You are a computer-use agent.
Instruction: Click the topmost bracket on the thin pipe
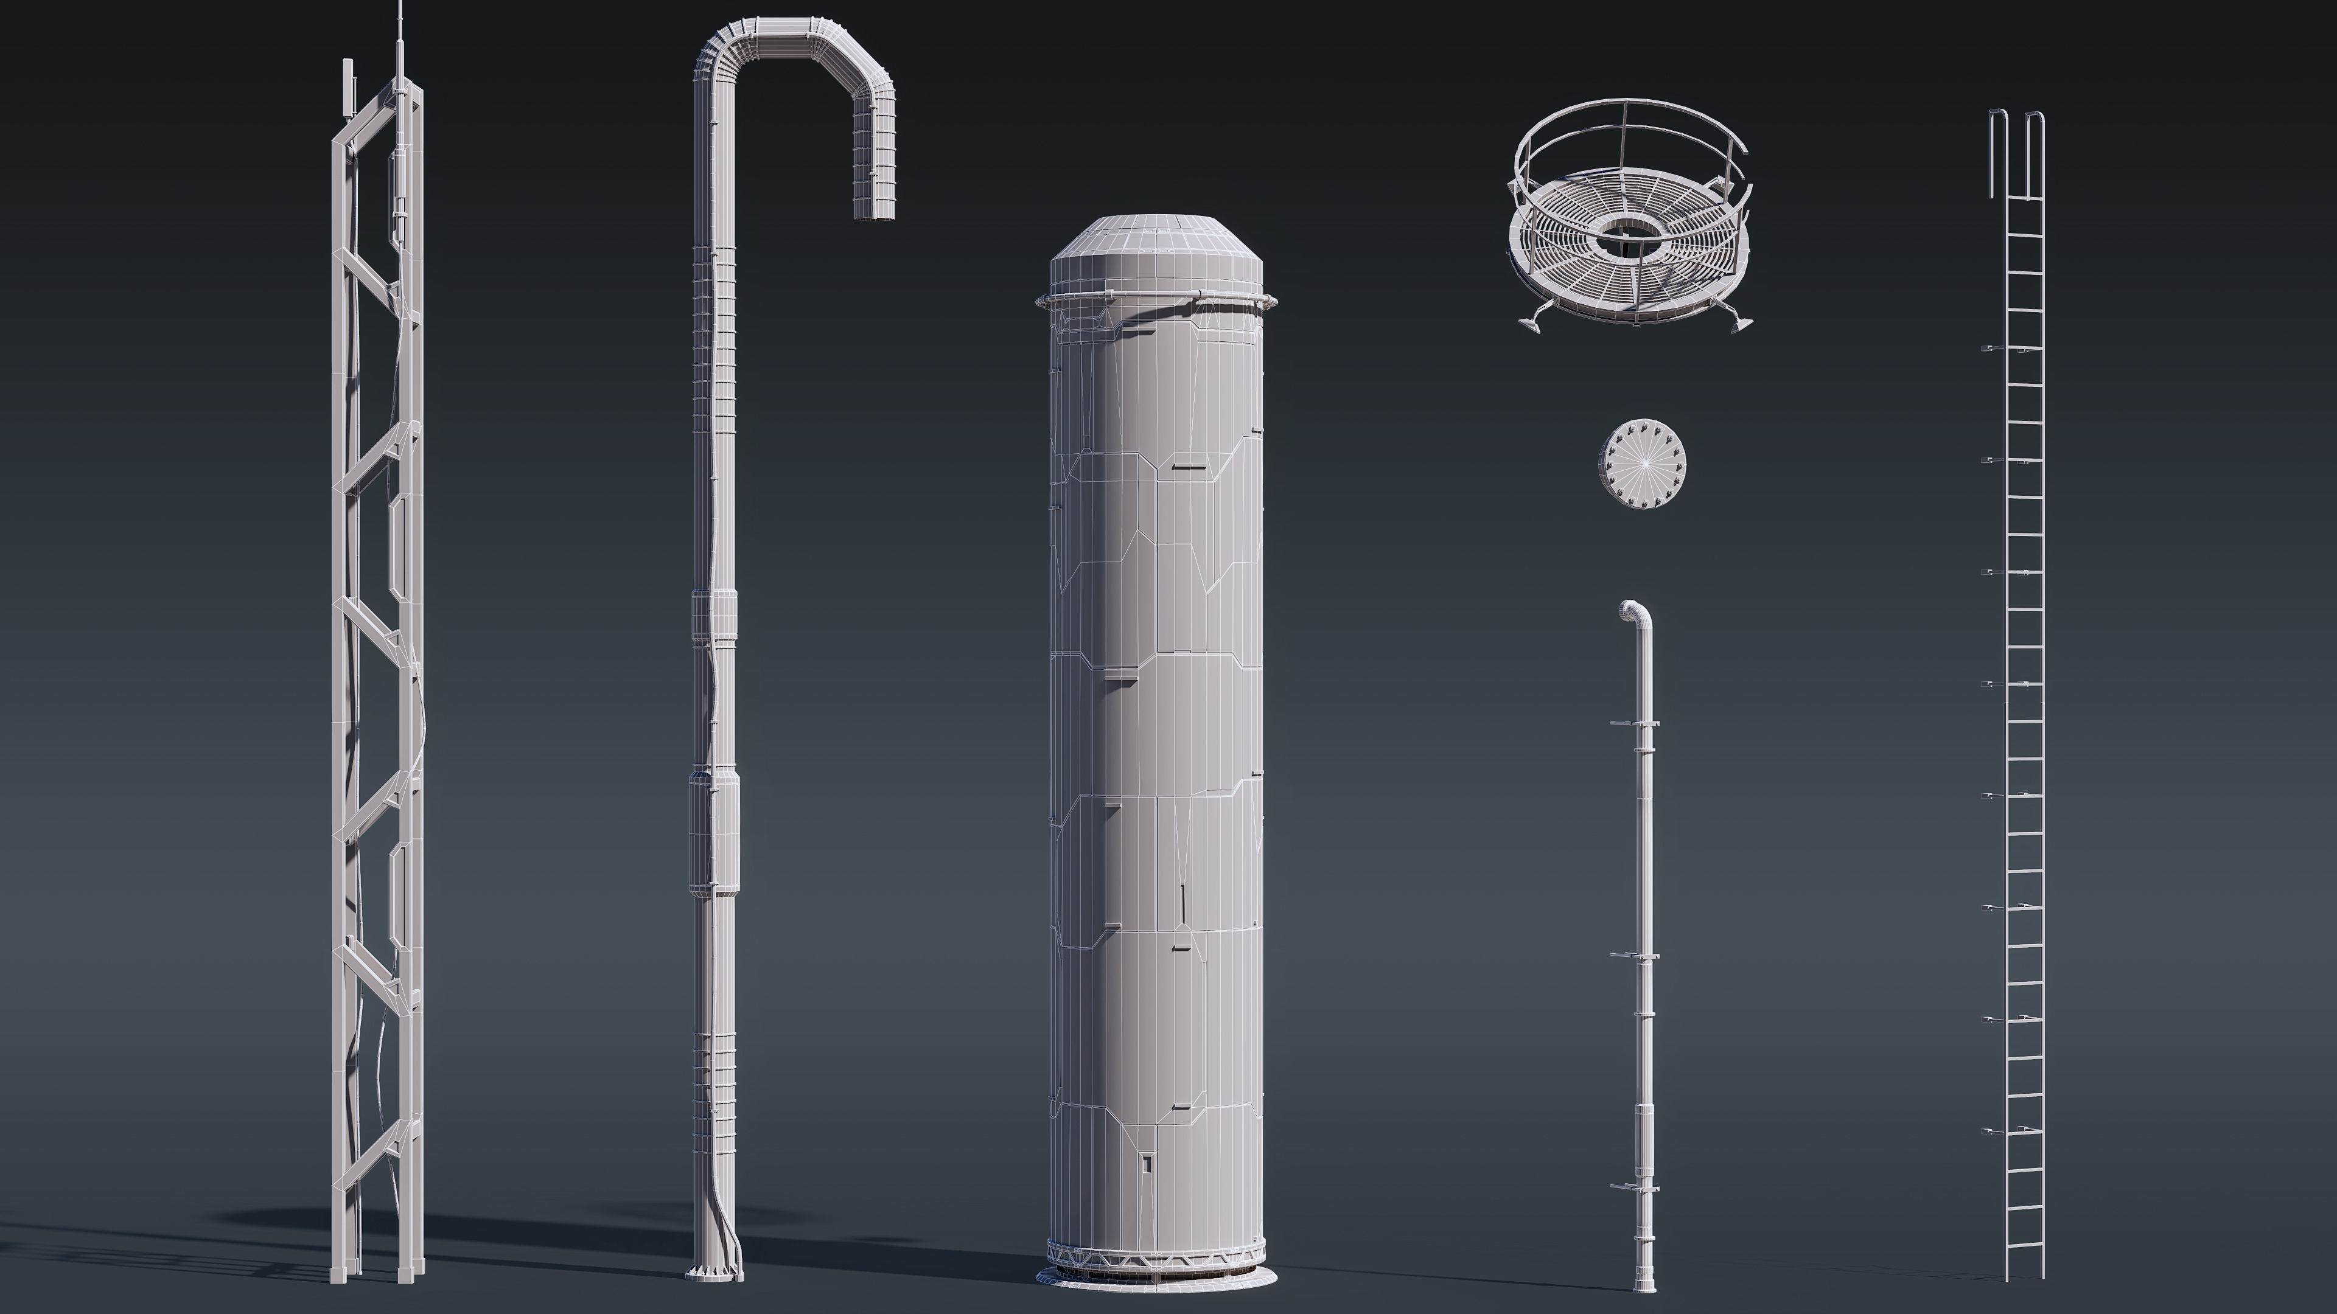coord(1635,723)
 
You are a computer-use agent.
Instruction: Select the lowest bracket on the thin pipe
coord(1634,1188)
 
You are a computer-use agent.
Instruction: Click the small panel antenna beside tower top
coord(346,88)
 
